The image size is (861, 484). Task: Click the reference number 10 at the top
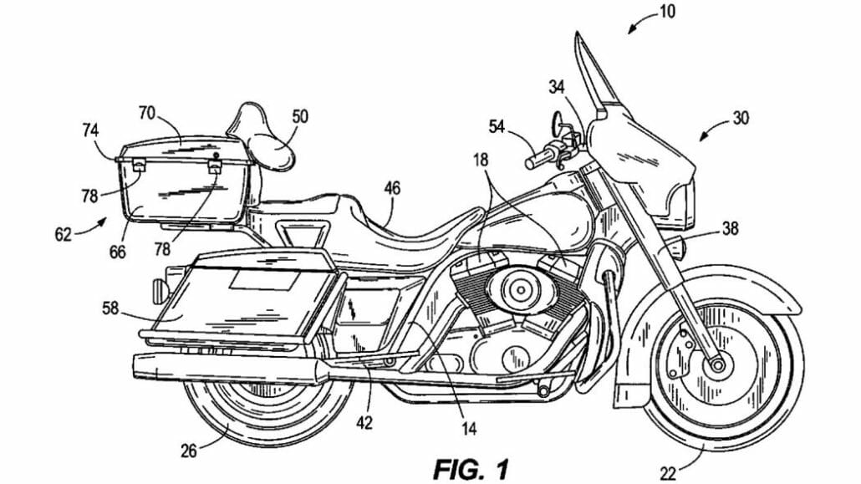[666, 12]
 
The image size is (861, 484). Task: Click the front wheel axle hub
[717, 365]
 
